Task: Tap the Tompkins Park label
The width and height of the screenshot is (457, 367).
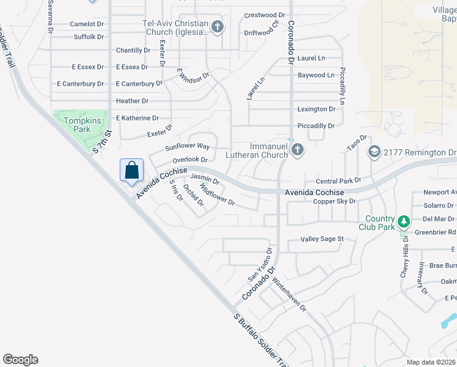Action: click(x=78, y=125)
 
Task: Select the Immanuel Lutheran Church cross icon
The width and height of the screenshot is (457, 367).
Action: click(x=297, y=150)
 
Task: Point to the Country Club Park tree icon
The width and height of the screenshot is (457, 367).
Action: click(x=403, y=221)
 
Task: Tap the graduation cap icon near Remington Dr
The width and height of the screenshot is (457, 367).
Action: click(x=374, y=152)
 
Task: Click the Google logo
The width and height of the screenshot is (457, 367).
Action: click(x=20, y=360)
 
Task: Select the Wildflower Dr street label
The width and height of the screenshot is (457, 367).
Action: click(x=218, y=198)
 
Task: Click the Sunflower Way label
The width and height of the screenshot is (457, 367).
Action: click(x=188, y=147)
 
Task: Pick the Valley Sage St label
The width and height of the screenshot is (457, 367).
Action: click(x=322, y=239)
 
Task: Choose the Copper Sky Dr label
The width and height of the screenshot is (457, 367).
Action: click(x=334, y=201)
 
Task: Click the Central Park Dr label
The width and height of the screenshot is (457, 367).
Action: click(x=338, y=182)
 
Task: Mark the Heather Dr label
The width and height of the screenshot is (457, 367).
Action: click(x=132, y=101)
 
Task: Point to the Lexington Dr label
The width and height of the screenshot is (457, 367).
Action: click(x=316, y=109)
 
